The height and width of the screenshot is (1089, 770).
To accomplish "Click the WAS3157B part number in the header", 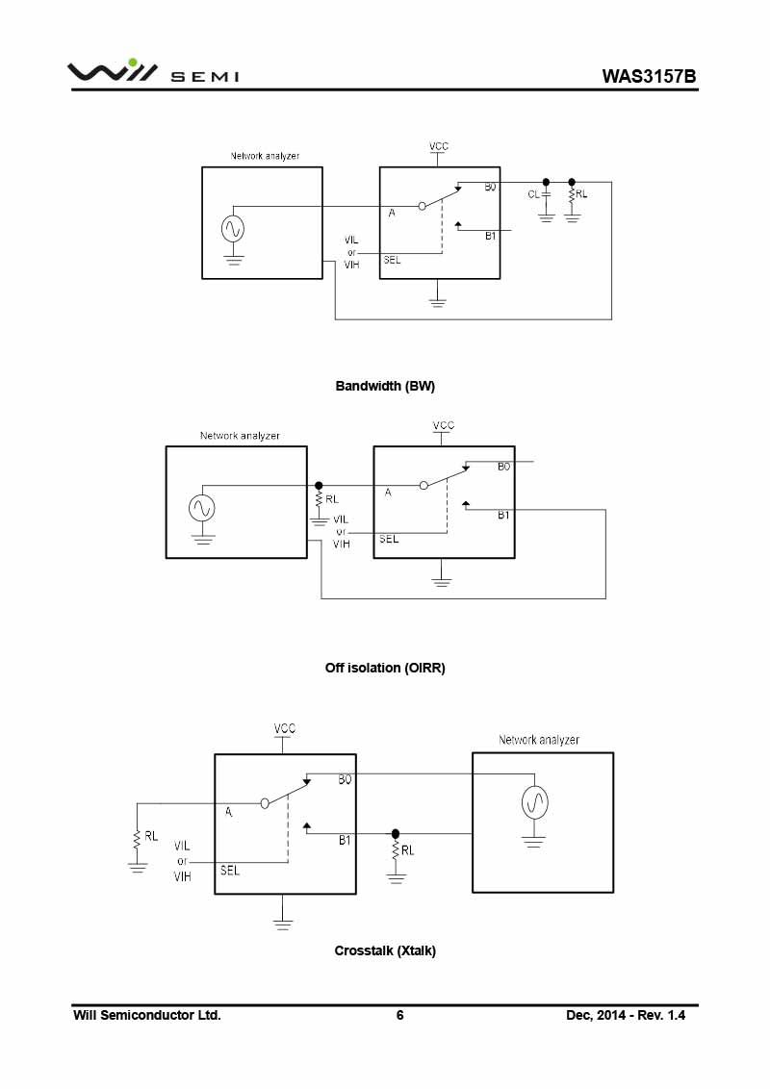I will click(650, 76).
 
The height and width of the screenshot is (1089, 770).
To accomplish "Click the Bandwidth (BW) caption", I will click(385, 386).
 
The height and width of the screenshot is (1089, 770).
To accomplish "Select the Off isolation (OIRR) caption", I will click(385, 667).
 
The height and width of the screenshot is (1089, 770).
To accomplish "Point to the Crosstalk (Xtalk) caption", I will click(385, 950).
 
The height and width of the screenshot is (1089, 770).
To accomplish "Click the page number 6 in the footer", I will click(399, 1015).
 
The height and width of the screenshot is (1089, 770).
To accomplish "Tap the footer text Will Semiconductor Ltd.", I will click(147, 1015).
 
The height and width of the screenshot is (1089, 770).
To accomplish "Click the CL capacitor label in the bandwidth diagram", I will click(533, 194).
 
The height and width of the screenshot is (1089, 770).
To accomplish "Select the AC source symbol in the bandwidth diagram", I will click(233, 228).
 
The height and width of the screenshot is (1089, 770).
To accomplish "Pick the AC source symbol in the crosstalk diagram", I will click(534, 801).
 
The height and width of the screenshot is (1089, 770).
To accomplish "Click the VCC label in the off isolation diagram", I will click(443, 425).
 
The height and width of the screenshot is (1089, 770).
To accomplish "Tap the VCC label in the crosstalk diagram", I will click(285, 728).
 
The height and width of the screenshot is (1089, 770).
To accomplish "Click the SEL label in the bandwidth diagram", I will click(392, 260).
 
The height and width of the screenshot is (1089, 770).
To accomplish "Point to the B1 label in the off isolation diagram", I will click(503, 516).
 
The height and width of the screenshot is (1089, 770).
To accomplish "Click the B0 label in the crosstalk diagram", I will click(345, 780).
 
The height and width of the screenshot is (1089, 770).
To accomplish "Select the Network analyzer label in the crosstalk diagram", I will click(539, 740).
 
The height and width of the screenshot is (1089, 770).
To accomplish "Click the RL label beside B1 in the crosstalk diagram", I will click(408, 850).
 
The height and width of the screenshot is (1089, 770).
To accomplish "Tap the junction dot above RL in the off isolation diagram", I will click(319, 486).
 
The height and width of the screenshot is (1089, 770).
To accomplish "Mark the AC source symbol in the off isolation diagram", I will click(202, 508).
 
